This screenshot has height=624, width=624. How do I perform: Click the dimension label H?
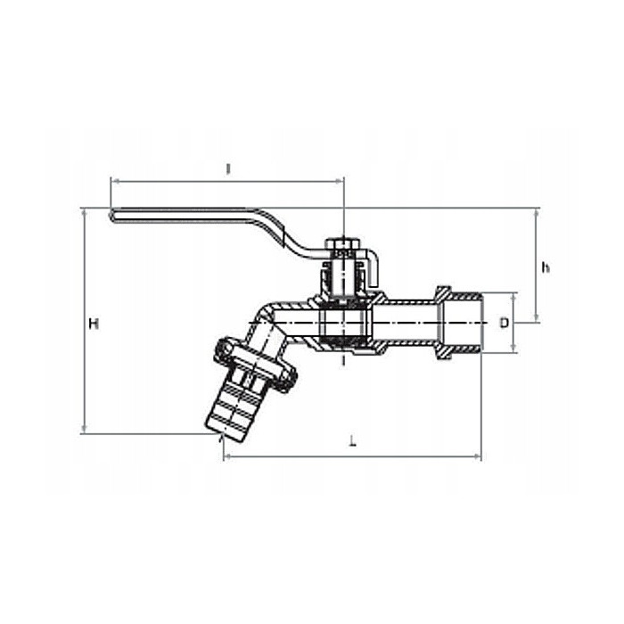[x=93, y=324]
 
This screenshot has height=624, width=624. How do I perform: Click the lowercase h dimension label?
[x=546, y=267]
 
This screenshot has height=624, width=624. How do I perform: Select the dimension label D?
[x=504, y=323]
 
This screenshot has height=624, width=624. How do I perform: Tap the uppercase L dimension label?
[x=353, y=442]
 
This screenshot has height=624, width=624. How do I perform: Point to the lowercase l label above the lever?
[x=228, y=168]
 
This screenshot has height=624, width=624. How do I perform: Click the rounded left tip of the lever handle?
[x=112, y=214]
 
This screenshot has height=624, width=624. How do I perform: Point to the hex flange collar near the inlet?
[x=442, y=323]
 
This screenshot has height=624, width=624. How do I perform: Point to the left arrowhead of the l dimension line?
[x=113, y=181]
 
